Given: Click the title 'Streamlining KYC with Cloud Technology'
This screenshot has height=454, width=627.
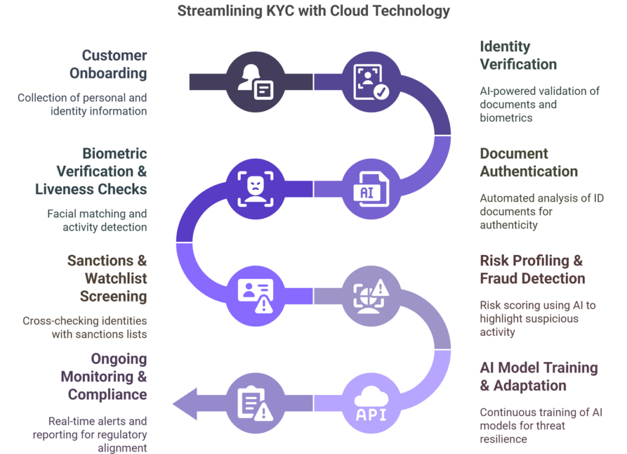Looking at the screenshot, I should point(313,10).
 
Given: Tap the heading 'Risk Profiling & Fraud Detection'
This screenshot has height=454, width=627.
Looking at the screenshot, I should point(532,270).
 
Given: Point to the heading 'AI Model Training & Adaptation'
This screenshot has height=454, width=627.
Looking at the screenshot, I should point(538,376).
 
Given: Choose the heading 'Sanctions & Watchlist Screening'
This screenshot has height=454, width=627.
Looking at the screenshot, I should point(107,278).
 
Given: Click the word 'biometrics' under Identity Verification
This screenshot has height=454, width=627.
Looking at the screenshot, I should point(506,118).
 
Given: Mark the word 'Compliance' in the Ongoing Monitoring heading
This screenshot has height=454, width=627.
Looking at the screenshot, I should point(107,394).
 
